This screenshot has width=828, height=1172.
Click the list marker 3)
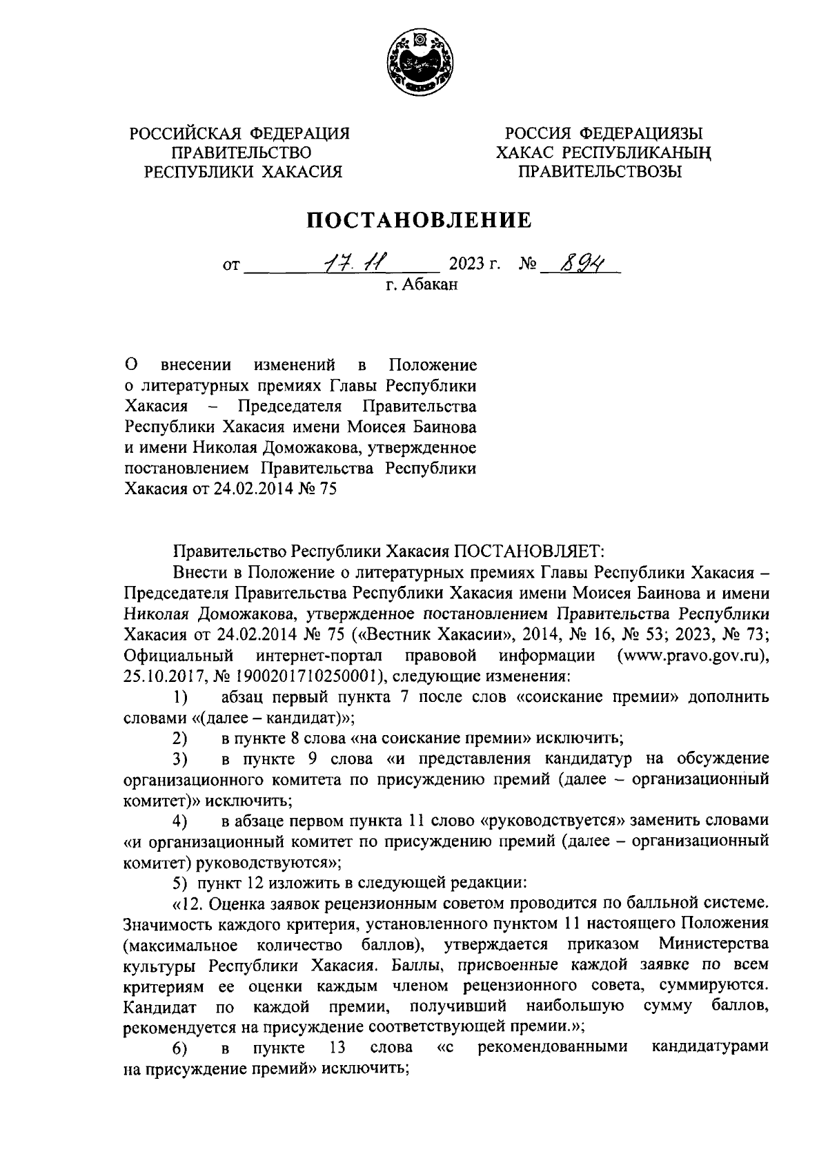tap(180, 759)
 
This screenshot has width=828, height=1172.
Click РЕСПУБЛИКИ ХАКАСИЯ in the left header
tap(241, 172)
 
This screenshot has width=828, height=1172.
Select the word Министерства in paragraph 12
tap(713, 944)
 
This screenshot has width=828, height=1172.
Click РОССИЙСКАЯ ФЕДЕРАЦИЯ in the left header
tap(241, 133)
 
